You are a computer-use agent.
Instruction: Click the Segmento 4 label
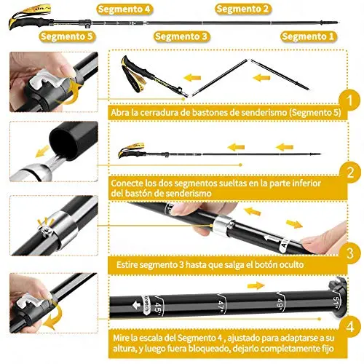point(124,9)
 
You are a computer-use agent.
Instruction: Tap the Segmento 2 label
point(243,9)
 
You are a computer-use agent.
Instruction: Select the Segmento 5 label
point(67,36)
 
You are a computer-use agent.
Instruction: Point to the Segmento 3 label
point(181,36)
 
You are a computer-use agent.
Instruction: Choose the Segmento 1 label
point(308,36)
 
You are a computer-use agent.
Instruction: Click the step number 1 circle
point(349,100)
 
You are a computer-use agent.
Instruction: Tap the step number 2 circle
point(350,173)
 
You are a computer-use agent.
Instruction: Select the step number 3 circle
point(350,253)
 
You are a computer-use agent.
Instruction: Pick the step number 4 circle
point(350,327)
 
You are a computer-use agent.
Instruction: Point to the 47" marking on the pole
point(221,306)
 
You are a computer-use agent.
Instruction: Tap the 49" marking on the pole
point(280,304)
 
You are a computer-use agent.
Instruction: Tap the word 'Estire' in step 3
point(127,264)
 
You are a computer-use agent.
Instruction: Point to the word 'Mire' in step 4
point(121,338)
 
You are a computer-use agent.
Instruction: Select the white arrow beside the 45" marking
point(137,305)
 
